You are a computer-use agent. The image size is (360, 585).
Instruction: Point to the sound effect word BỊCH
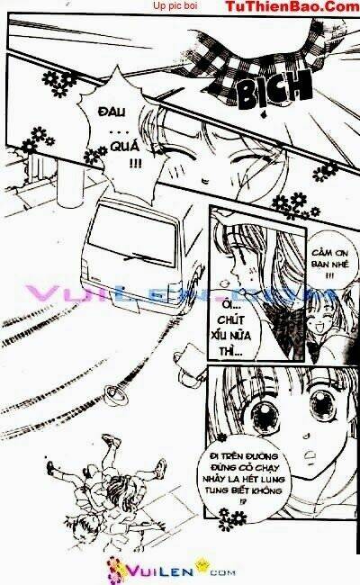coord(274,86)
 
